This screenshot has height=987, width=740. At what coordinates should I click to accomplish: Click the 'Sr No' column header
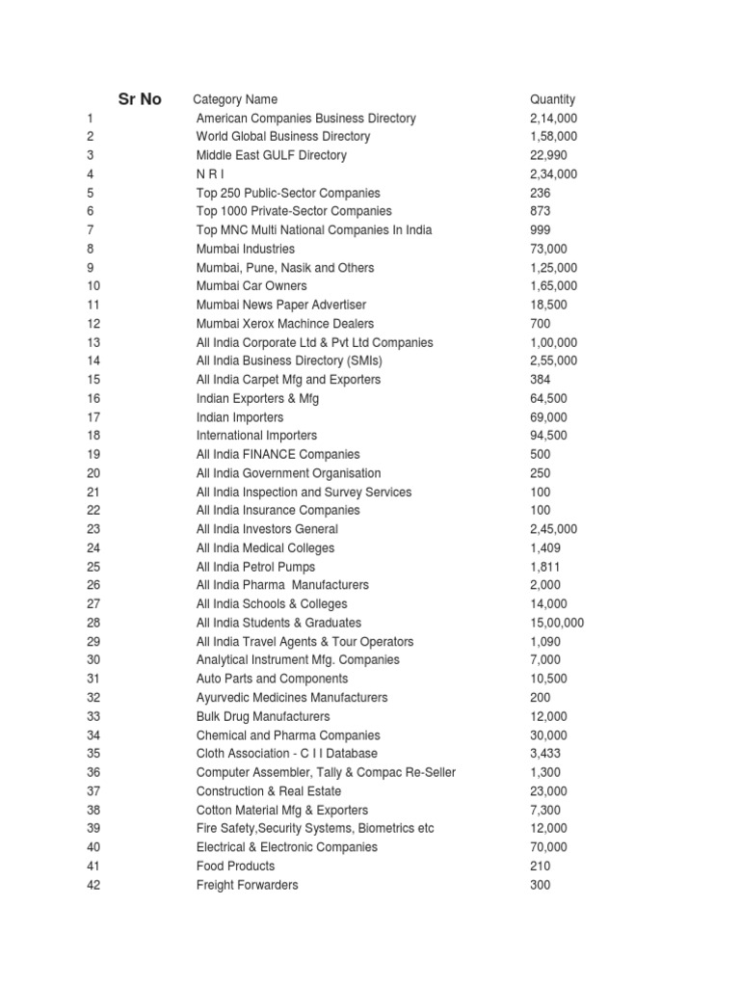140,99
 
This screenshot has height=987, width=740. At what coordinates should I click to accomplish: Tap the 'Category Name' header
235,99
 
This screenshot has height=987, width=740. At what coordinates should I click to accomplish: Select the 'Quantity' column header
552,99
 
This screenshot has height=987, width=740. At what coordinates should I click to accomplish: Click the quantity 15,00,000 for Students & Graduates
557,623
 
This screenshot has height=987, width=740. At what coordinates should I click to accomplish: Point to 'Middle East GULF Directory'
271,155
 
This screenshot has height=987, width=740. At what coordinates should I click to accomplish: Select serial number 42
93,885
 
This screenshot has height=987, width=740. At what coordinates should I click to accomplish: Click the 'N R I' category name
210,174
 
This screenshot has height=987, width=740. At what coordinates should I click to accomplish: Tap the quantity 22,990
548,155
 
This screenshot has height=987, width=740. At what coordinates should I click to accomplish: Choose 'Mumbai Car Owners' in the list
251,286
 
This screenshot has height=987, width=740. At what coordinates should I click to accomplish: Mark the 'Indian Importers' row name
240,417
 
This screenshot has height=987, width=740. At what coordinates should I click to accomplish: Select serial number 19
93,454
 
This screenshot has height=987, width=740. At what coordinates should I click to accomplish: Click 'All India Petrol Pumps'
255,567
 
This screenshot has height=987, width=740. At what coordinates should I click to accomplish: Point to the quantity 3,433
545,754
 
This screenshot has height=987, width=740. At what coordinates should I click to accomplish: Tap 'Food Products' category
236,867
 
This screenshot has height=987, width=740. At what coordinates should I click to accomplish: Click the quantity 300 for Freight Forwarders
541,885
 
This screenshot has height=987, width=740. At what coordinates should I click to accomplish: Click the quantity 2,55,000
554,360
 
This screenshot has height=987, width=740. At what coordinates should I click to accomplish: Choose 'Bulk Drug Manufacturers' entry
263,716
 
